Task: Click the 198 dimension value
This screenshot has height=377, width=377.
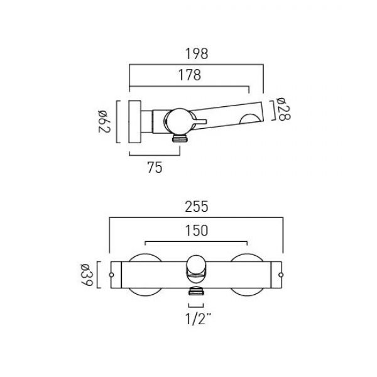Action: point(197,54)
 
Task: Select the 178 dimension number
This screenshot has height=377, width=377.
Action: point(190,75)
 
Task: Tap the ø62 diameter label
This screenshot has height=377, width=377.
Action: point(104,121)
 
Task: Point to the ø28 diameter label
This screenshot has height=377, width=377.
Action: point(284,109)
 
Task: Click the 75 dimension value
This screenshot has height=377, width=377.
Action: point(155,168)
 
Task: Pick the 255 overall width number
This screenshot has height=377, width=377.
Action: point(197,207)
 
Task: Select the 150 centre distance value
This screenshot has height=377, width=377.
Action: point(197,231)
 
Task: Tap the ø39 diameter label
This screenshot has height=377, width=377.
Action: point(87,275)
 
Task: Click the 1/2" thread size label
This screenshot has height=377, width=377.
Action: point(198,319)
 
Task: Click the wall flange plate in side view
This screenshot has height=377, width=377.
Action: point(134,122)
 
